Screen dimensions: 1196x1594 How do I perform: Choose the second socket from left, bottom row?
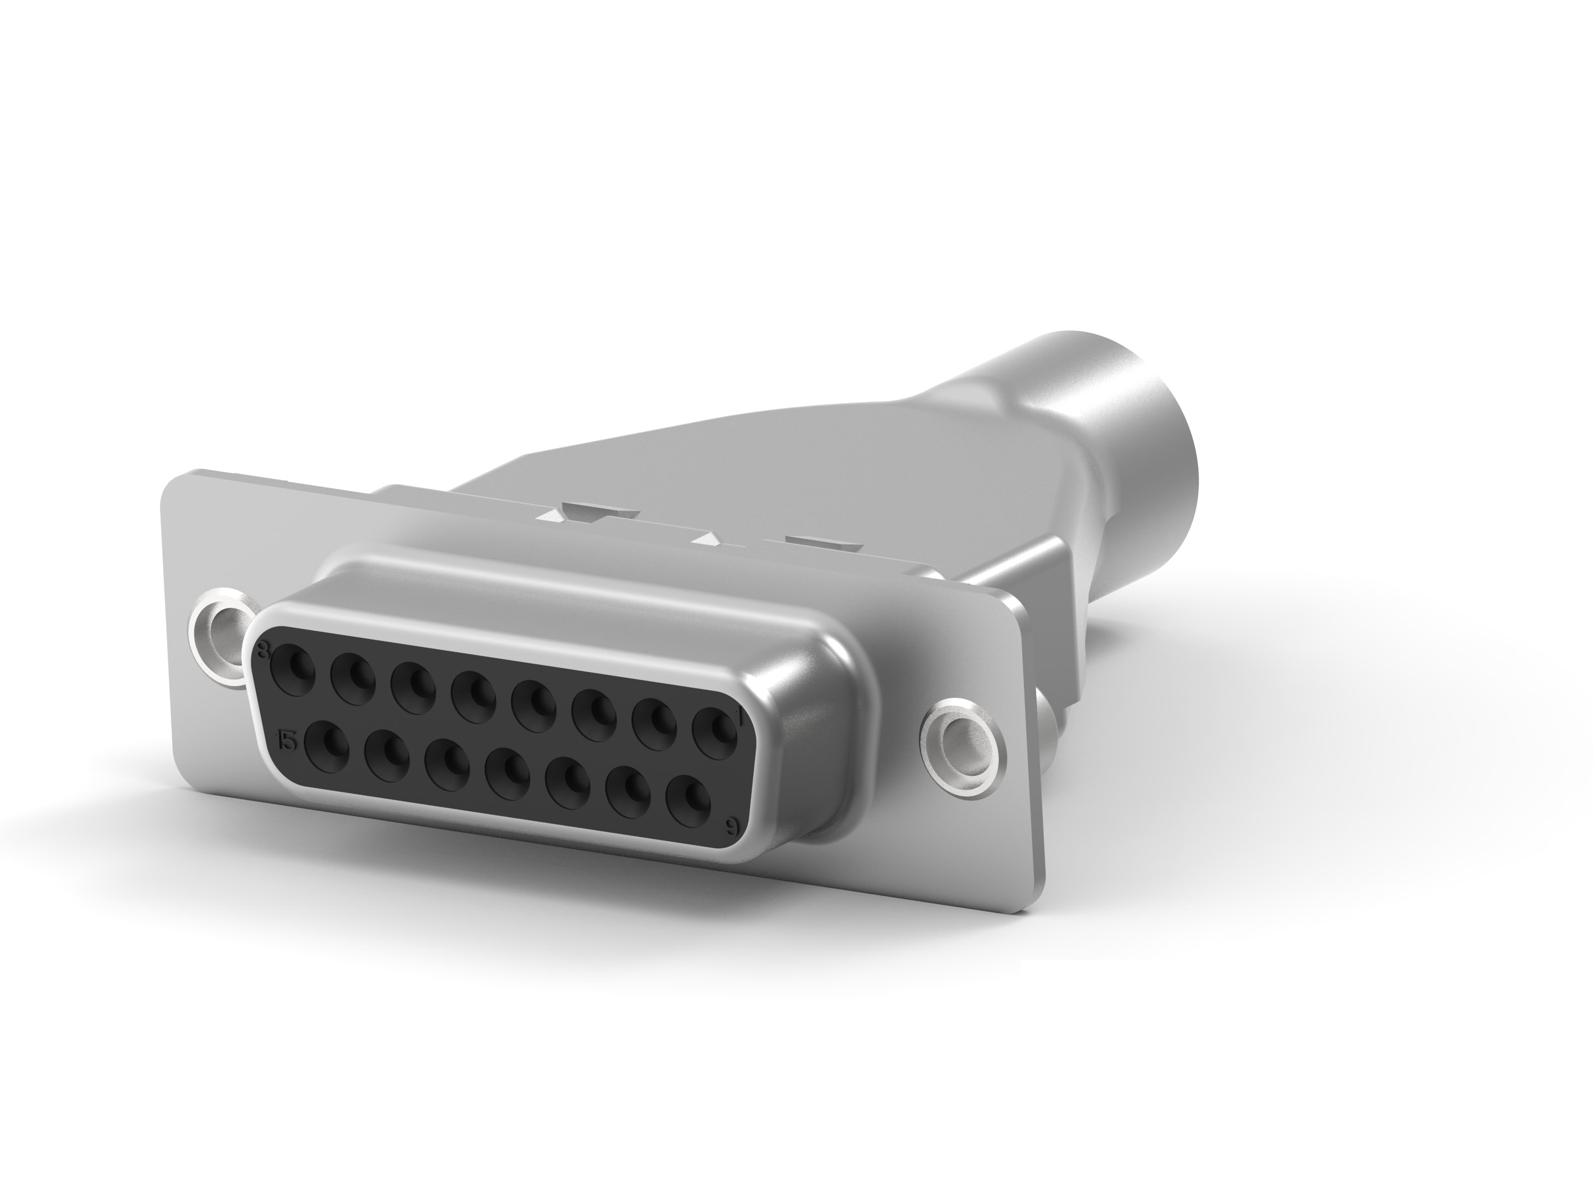coord(387,757)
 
